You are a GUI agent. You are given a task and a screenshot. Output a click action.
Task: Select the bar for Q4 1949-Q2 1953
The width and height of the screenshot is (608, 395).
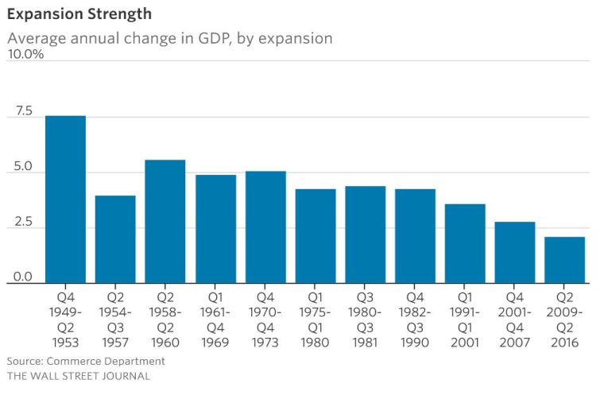click(x=65, y=199)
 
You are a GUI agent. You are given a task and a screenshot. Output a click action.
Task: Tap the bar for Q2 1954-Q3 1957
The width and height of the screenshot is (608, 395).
click(x=115, y=239)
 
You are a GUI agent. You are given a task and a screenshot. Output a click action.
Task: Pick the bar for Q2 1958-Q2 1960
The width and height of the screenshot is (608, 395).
click(x=165, y=222)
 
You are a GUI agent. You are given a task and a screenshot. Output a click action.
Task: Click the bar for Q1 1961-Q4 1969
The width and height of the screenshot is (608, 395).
click(x=215, y=229)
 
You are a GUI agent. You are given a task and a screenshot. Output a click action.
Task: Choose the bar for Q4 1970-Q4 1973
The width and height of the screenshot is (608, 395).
click(x=265, y=227)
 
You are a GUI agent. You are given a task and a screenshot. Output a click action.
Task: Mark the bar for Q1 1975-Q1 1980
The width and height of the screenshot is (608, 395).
click(x=316, y=236)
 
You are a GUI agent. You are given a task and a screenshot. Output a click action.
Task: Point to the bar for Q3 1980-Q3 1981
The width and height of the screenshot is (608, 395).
click(x=366, y=234)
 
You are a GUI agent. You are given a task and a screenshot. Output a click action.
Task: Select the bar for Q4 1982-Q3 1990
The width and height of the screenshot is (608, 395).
click(x=415, y=236)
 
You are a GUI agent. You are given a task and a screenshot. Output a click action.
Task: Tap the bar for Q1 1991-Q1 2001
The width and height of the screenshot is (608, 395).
click(x=465, y=243)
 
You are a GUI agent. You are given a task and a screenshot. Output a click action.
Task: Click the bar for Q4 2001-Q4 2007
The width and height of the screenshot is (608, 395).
click(x=515, y=253)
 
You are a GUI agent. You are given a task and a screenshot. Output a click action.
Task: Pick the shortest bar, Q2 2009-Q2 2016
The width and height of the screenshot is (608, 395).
click(x=565, y=260)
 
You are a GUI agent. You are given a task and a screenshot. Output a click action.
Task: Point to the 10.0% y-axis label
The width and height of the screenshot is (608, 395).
click(x=25, y=54)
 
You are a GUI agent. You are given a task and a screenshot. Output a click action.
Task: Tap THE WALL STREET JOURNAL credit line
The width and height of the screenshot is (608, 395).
click(x=78, y=376)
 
